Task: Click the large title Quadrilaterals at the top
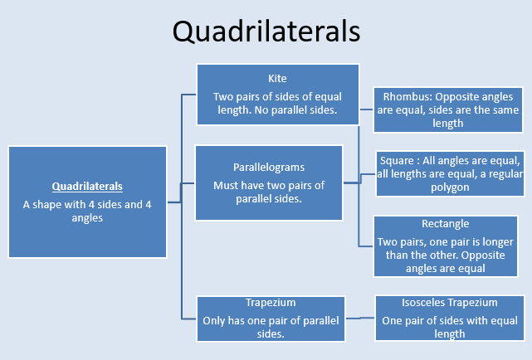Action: [x=266, y=32]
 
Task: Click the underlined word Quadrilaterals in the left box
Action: [x=87, y=187]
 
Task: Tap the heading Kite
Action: [x=277, y=79]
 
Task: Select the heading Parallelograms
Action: [x=269, y=168]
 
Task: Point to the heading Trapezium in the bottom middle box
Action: [x=271, y=303]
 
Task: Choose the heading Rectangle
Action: [x=446, y=224]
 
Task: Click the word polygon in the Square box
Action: [x=450, y=187]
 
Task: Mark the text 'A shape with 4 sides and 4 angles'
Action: [x=87, y=212]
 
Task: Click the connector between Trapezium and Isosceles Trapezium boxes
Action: [x=359, y=318]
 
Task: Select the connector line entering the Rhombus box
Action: [x=366, y=109]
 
